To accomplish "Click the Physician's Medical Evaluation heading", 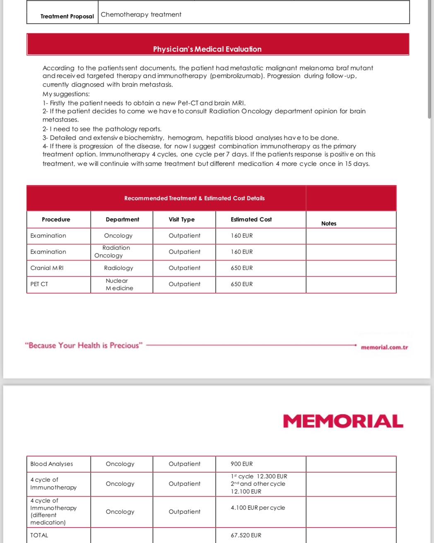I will (x=207, y=49).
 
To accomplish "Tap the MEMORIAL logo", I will (x=343, y=421).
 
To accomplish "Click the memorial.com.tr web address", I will (x=384, y=347).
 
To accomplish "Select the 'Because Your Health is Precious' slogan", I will (x=84, y=345).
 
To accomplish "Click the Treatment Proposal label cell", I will (x=67, y=16).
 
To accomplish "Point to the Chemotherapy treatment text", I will (x=141, y=14).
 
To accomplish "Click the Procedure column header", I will (x=56, y=220).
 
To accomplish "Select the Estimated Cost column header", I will (x=251, y=220).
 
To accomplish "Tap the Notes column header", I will (x=329, y=223).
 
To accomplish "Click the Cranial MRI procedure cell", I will (x=47, y=268).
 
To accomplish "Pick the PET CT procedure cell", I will (x=39, y=284).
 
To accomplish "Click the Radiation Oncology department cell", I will (x=116, y=251).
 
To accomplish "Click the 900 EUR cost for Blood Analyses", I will (x=241, y=464).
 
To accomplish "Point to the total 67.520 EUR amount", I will (x=246, y=535).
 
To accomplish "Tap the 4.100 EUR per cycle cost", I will (x=258, y=507).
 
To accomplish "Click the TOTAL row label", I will (x=39, y=535).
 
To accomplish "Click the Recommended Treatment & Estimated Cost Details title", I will (x=194, y=198).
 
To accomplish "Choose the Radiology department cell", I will (x=118, y=268).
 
